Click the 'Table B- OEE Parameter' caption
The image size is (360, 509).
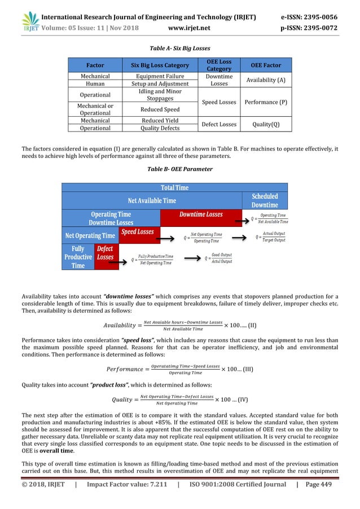click(179, 168)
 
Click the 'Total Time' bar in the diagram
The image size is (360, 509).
click(175, 187)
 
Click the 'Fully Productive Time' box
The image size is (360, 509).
click(78, 257)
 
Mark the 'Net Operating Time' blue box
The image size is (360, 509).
click(90, 235)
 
